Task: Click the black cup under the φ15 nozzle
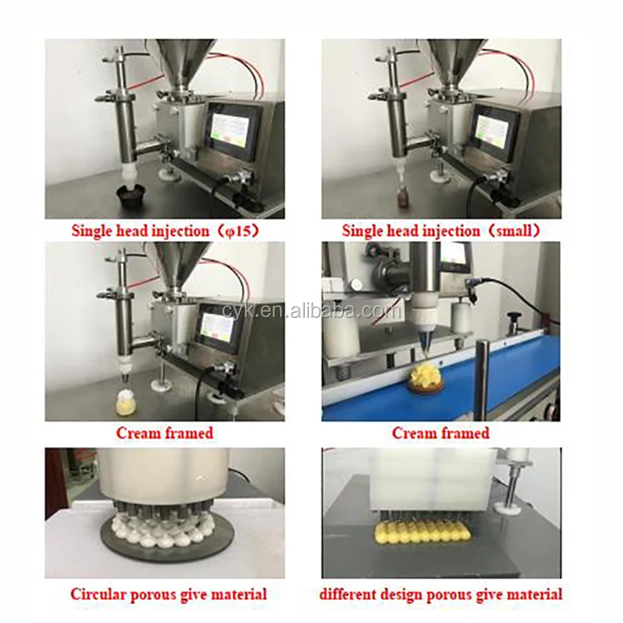point(130,197)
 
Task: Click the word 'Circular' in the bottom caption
point(99,594)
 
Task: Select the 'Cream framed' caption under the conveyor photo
point(440,433)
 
